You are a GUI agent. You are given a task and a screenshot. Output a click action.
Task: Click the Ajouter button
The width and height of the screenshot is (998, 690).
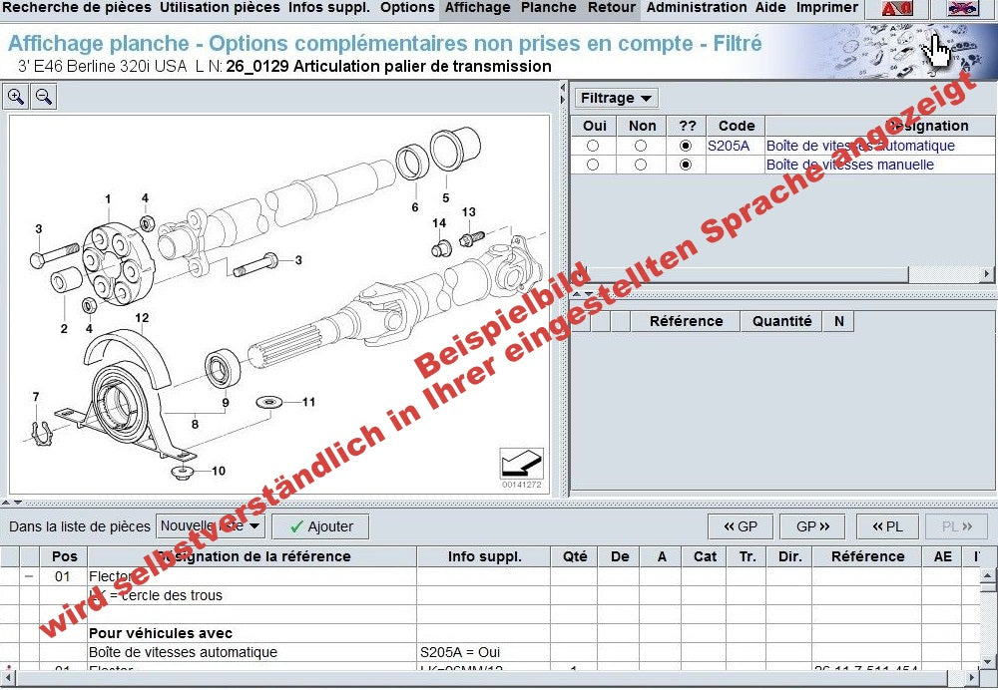tap(320, 526)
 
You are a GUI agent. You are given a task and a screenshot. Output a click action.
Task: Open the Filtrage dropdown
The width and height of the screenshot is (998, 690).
tap(617, 98)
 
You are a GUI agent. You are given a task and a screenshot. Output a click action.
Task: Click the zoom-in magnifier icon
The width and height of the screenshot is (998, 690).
tap(17, 97)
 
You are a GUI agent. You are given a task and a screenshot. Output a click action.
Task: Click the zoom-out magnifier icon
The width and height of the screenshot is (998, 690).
tap(44, 97)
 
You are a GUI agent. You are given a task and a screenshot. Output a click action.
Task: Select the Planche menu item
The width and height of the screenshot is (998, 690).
tap(549, 8)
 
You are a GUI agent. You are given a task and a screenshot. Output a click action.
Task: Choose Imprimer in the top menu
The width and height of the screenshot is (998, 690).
tap(826, 8)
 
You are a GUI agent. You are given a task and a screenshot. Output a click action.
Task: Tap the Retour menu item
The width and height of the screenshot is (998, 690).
tap(611, 8)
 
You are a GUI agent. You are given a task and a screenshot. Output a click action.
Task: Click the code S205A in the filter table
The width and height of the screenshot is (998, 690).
tap(728, 146)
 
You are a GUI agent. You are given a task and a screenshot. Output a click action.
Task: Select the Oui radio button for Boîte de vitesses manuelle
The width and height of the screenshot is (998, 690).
tap(594, 165)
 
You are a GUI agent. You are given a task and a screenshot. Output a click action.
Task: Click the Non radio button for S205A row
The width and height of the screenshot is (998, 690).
tap(640, 146)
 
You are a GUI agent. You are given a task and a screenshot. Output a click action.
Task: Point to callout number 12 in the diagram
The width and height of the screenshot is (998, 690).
tap(142, 318)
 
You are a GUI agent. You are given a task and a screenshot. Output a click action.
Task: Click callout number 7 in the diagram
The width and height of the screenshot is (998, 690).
tap(36, 398)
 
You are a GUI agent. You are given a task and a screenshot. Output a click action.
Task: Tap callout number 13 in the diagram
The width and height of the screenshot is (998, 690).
tap(468, 212)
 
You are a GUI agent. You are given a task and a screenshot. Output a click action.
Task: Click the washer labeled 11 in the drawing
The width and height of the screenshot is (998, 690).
tap(267, 402)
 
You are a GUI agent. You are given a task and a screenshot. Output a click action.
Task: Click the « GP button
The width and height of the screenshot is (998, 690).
tap(740, 526)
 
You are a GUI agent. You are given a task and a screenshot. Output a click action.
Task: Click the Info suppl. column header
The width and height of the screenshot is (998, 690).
tap(484, 556)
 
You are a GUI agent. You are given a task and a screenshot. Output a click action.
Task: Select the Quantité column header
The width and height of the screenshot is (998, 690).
tap(781, 321)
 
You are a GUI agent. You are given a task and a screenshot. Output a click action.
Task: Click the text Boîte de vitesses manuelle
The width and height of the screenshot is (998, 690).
tap(849, 165)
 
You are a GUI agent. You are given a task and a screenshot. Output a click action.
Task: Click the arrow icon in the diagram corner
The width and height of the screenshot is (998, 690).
tap(521, 464)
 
